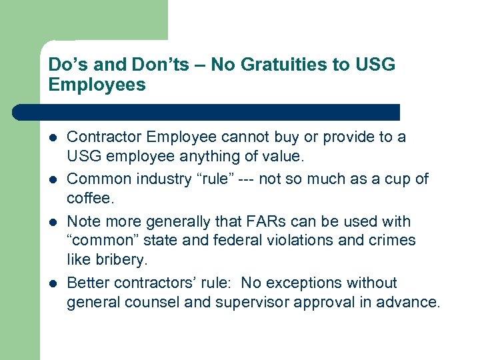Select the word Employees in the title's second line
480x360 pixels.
[x=97, y=85]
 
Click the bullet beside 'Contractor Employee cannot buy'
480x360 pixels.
[x=53, y=138]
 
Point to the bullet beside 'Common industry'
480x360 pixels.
[x=53, y=180]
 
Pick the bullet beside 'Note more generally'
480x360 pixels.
[x=53, y=222]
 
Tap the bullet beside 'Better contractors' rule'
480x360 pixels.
[x=53, y=283]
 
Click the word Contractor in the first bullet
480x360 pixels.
[x=105, y=137]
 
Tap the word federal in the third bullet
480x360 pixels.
[x=237, y=241]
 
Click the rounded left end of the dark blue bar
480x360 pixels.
[x=19, y=112]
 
